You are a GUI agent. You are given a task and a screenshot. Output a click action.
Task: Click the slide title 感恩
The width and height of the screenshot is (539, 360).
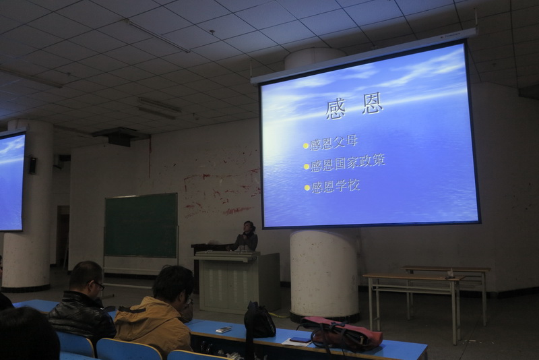354,105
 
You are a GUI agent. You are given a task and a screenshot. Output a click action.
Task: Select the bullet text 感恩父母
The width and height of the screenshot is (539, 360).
334,143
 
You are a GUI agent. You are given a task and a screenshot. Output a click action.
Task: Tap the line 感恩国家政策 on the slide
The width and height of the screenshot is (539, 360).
348,163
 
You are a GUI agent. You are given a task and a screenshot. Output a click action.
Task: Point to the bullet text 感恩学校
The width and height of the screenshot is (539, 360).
335,187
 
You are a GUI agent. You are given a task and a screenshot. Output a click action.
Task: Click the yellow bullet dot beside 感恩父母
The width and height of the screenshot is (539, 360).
306,146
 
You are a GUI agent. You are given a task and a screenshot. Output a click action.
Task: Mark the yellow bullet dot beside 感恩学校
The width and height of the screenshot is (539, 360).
307,187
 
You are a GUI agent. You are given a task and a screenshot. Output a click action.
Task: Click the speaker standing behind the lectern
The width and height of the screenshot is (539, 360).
245,237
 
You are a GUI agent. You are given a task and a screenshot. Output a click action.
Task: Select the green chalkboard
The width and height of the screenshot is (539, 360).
141,225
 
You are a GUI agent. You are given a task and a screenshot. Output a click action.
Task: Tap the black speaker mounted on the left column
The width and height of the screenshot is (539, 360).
32,165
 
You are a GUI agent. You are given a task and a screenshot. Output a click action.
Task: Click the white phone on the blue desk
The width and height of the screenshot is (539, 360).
224,330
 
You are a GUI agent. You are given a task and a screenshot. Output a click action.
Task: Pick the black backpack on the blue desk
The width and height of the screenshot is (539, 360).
259,320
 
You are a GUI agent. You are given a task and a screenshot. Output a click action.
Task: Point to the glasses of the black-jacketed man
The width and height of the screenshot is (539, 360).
98,285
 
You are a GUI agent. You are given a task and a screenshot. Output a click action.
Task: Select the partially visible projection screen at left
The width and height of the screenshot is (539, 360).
12,181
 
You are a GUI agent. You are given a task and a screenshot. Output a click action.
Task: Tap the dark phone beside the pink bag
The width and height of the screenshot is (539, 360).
300,340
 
